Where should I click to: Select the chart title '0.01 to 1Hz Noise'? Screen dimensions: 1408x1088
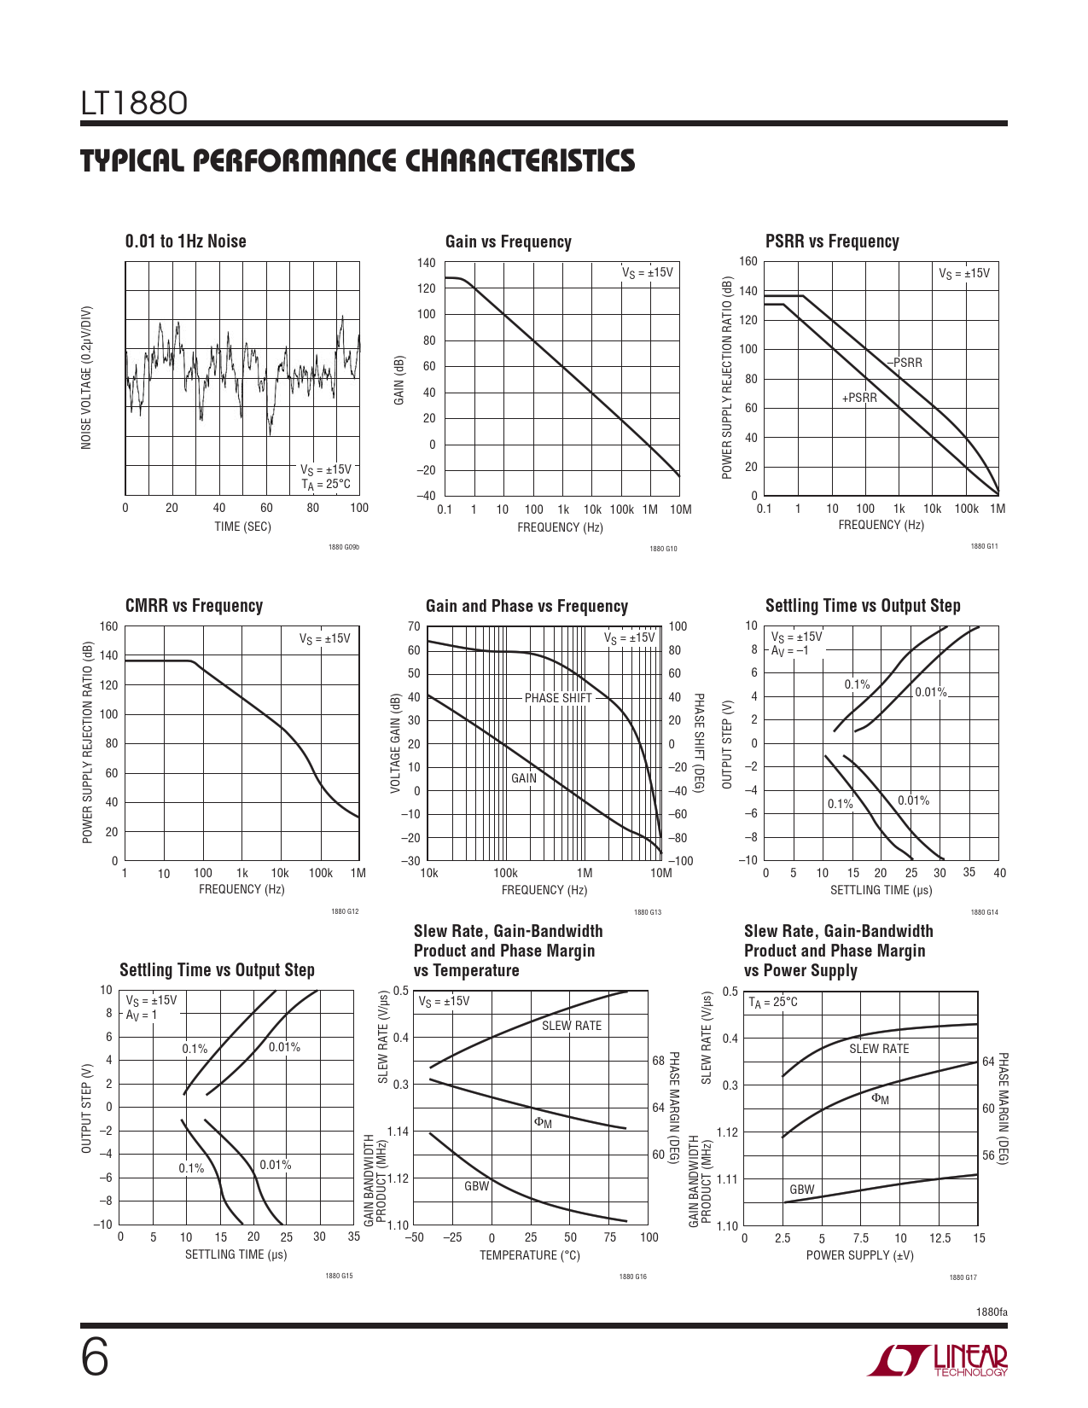(x=185, y=241)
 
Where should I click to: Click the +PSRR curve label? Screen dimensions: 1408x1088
(x=859, y=398)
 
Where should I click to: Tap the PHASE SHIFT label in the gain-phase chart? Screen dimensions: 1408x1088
(x=558, y=698)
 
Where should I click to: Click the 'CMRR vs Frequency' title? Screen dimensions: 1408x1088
(x=194, y=606)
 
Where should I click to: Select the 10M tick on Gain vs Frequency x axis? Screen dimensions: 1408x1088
(x=680, y=509)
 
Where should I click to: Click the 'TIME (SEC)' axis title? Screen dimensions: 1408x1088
(x=242, y=527)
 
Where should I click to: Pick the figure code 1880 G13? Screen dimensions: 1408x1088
(x=647, y=912)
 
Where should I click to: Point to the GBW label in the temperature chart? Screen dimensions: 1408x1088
(x=476, y=1186)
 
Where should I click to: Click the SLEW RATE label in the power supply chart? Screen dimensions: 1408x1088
(x=879, y=1049)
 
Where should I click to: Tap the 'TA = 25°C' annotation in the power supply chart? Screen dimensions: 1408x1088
(x=773, y=1002)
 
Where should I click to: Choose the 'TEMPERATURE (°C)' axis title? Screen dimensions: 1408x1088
(x=529, y=1255)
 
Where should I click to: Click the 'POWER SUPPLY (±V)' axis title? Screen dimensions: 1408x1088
(x=859, y=1255)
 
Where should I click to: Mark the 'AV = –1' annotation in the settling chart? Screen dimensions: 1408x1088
(x=789, y=650)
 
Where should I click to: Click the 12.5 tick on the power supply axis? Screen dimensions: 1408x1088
(x=940, y=1238)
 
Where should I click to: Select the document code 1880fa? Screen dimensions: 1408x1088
(x=992, y=1312)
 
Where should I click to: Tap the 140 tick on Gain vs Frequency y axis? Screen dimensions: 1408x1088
(x=426, y=263)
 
